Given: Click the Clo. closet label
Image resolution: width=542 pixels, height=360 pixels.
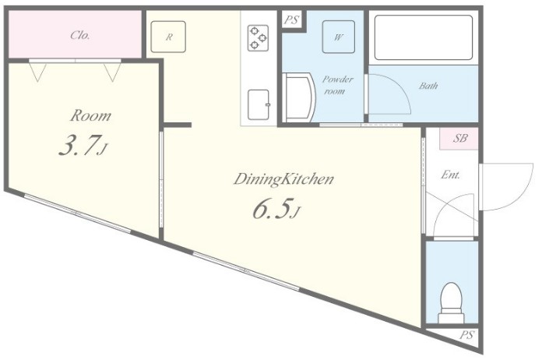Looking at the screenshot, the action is point(80,35).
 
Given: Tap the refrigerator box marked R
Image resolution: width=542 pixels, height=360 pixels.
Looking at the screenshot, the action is point(168,37).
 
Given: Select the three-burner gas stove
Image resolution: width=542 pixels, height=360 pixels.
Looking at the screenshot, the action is point(259,37).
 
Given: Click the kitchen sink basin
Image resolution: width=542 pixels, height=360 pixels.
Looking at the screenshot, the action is point(259,104).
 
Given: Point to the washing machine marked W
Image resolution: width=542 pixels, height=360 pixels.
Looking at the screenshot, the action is point(339,37).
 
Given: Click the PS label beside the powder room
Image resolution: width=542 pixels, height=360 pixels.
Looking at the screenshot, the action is point(291,20).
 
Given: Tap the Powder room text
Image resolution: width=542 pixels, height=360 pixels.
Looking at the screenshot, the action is point(337,85).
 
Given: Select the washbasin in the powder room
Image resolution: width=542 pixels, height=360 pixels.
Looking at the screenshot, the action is point(298,97).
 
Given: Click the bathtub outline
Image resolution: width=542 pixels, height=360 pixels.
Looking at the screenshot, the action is point(424,37).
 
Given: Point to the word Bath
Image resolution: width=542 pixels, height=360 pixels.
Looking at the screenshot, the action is point(428,86).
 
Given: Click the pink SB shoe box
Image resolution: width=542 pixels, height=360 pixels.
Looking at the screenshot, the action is point(459,139).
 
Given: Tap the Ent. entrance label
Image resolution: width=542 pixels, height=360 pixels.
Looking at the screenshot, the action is point(450,175).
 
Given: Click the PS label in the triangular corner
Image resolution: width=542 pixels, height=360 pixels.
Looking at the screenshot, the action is point(466,335).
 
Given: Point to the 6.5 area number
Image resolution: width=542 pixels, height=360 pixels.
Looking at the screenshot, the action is point(271,209).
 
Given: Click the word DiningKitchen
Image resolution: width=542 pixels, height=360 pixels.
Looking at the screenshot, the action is point(283,179).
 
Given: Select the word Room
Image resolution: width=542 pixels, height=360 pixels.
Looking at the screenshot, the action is point(90,115).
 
